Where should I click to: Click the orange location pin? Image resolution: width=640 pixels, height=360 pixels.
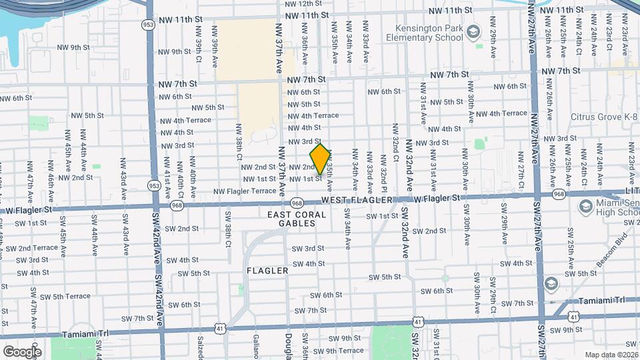(320, 159)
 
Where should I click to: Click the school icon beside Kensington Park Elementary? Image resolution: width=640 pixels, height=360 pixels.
(473, 31)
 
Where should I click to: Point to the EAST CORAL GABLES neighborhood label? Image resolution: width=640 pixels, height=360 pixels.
(297, 219)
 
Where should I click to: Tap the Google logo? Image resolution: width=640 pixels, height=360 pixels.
(22, 351)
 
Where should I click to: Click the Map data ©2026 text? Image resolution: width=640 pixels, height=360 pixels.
(611, 354)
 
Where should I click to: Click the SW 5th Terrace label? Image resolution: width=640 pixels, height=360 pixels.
(67, 296)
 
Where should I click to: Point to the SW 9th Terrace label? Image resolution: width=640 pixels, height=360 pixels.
(338, 350)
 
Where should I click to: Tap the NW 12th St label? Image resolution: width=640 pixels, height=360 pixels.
(303, 3)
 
